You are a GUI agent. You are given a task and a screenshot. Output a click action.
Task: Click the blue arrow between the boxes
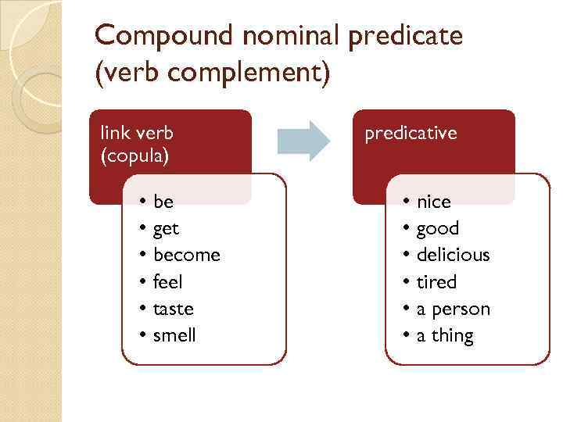pos(304,141)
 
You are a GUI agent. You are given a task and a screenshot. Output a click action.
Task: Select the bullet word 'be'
pos(163,202)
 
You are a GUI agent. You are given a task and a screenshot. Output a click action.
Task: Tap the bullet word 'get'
pos(167,229)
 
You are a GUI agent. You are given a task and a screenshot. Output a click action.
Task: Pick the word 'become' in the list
pos(187,255)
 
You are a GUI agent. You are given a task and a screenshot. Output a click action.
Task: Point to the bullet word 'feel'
pos(168,281)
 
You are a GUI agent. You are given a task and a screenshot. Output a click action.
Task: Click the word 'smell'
pos(175,335)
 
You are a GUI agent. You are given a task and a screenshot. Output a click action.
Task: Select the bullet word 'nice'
pos(434,202)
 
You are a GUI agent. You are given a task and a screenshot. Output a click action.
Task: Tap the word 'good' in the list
pos(438,229)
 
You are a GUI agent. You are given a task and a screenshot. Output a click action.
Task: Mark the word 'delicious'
pos(454,255)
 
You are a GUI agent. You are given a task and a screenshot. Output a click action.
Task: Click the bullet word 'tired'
pos(436,281)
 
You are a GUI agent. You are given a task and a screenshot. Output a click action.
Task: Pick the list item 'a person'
pos(454,309)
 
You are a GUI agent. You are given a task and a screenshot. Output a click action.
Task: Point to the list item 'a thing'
pos(445,335)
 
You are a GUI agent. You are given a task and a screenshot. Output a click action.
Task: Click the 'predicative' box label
pos(411,134)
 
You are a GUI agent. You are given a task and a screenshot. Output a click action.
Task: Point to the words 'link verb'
pos(137,133)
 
